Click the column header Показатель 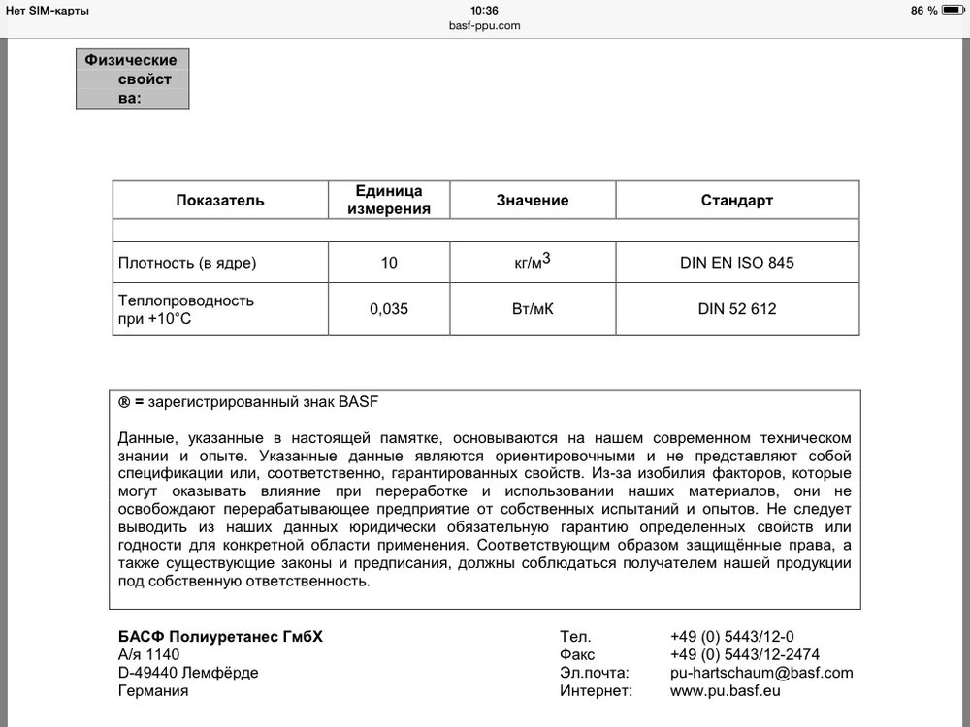point(220,201)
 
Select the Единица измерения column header point(389,200)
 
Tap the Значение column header point(533,201)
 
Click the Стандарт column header point(737,201)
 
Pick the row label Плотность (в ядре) point(187,263)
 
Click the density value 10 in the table point(389,263)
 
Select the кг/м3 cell point(533,262)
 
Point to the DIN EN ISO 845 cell point(737,263)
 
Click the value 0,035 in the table point(389,310)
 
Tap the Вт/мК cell point(533,310)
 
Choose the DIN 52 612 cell point(737,310)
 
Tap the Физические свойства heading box point(132,79)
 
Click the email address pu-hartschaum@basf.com point(761,672)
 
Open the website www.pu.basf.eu point(725,691)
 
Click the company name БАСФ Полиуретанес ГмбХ point(220,636)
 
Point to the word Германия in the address point(152,691)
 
